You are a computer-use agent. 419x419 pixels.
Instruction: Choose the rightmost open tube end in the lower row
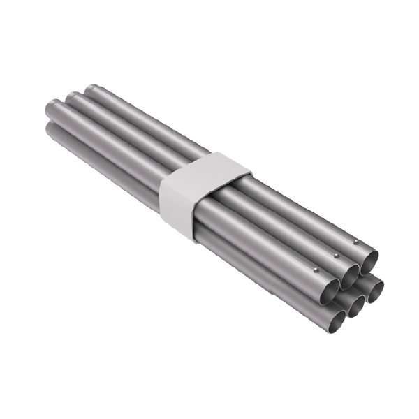(x=375, y=288)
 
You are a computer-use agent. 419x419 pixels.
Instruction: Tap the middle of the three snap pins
(x=336, y=256)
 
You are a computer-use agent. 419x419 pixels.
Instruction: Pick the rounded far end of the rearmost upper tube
(x=92, y=89)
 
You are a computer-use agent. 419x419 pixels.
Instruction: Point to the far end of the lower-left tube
(x=51, y=130)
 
